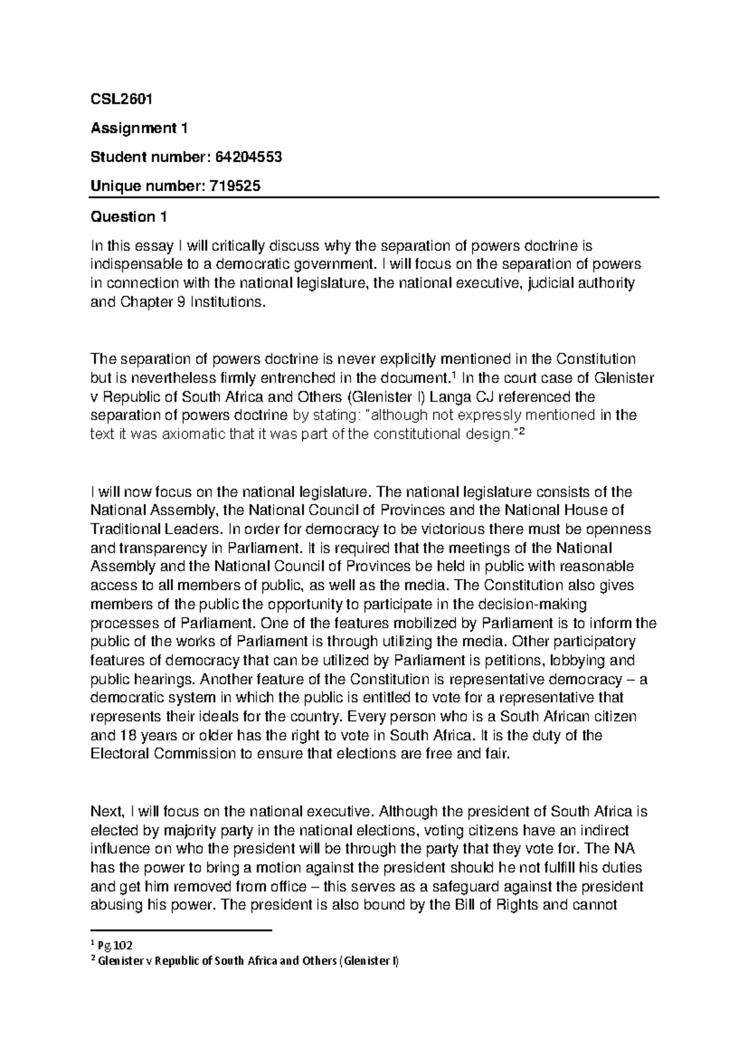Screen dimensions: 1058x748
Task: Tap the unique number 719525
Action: (x=229, y=187)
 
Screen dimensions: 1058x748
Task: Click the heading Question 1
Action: (x=129, y=216)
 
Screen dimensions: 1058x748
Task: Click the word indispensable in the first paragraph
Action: (x=130, y=264)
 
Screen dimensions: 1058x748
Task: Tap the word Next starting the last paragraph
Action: (x=107, y=812)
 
